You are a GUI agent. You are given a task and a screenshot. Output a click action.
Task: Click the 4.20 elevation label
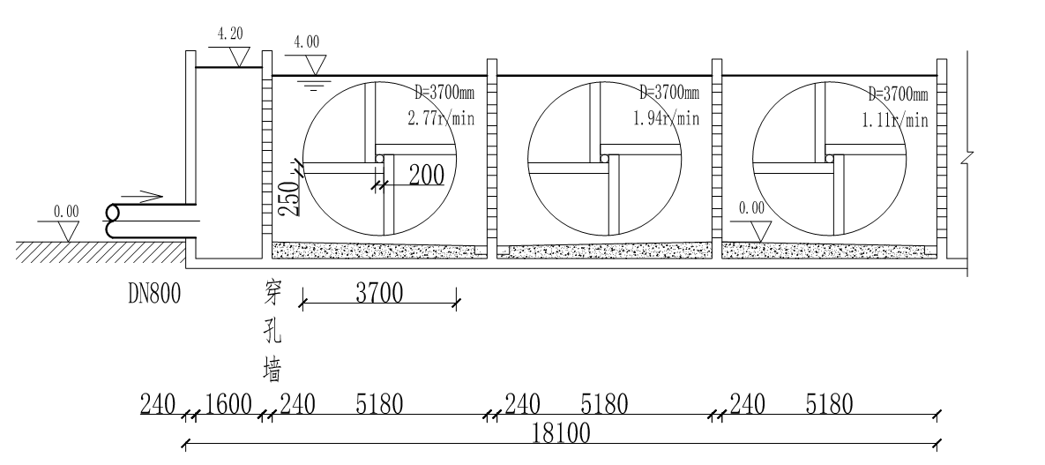[x=230, y=34]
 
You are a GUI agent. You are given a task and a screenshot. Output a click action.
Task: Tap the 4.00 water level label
[x=307, y=42]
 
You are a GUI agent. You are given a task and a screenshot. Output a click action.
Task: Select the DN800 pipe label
[x=154, y=294]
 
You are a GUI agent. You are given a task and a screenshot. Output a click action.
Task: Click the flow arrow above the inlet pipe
[x=142, y=197]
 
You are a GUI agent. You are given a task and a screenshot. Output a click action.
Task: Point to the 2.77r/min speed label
[x=441, y=119]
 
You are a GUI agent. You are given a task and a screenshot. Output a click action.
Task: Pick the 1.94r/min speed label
[x=666, y=118]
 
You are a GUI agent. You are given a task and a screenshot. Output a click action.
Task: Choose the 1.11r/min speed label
[x=895, y=119]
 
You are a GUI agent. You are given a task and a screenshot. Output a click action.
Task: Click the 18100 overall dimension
[x=561, y=434]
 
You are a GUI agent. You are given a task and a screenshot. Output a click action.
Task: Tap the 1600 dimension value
[x=228, y=404]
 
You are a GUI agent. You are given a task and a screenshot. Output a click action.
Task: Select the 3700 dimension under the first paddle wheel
[x=378, y=293]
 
